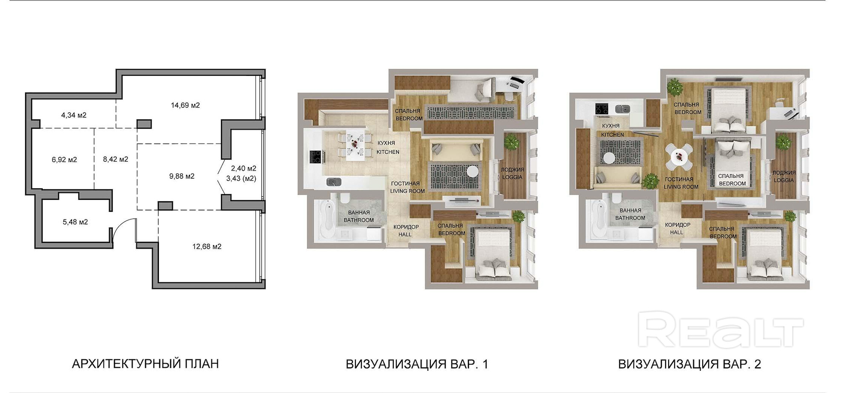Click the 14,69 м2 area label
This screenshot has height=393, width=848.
pyautogui.click(x=185, y=105)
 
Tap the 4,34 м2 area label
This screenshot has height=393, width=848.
pyautogui.click(x=74, y=115)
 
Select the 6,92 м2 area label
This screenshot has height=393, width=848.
pyautogui.click(x=64, y=160)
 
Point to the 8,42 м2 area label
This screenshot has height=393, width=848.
pyautogui.click(x=115, y=159)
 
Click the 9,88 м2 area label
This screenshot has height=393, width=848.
pyautogui.click(x=182, y=176)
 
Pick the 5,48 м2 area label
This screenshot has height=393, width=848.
pyautogui.click(x=75, y=222)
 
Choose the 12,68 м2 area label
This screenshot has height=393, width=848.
pyautogui.click(x=207, y=246)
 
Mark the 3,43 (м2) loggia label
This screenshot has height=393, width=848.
pyautogui.click(x=241, y=179)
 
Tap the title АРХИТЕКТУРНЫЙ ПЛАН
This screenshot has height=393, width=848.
pyautogui.click(x=145, y=364)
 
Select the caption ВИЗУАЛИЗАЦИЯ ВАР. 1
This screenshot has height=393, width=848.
pyautogui.click(x=417, y=364)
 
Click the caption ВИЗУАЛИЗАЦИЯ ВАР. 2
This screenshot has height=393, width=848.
pyautogui.click(x=689, y=364)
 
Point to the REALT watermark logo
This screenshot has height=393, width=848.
pyautogui.click(x=720, y=329)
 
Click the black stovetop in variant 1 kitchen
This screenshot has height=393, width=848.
pyautogui.click(x=315, y=157)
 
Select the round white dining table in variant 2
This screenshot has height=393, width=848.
pyautogui.click(x=678, y=157)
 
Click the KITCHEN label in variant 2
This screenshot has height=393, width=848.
pyautogui.click(x=612, y=135)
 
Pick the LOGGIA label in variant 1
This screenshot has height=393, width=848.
pyautogui.click(x=512, y=177)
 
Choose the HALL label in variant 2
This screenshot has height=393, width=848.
pyautogui.click(x=676, y=232)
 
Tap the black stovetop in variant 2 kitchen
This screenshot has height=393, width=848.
pyautogui.click(x=602, y=109)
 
